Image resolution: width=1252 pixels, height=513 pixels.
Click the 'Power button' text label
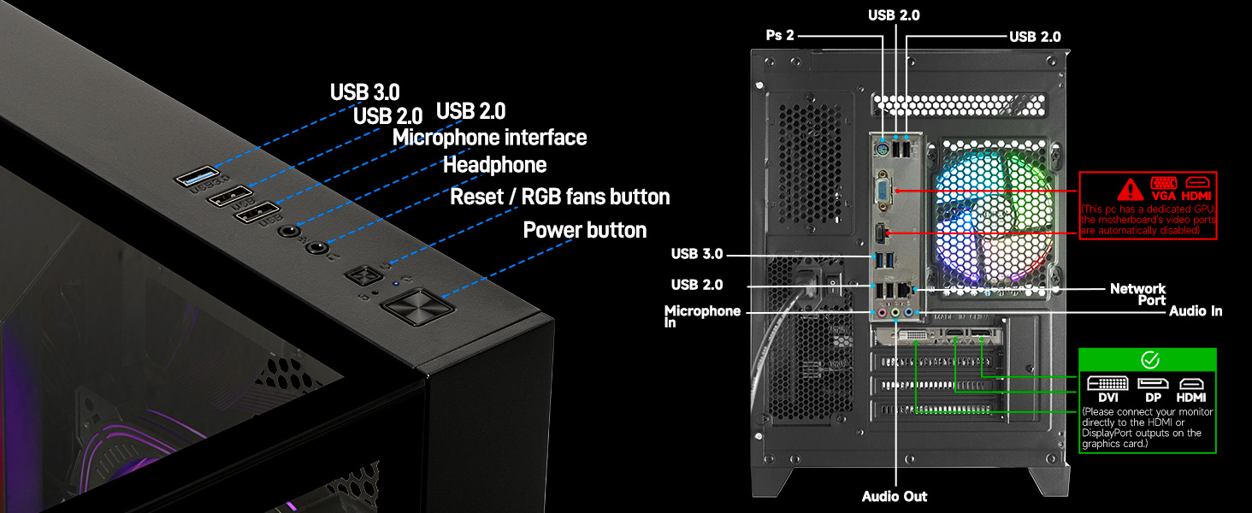coord(584,230)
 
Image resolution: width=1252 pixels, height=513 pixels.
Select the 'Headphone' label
coord(494,164)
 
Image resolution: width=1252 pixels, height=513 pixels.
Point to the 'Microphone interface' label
coord(489,138)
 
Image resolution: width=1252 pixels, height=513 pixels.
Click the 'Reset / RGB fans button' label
coord(559,197)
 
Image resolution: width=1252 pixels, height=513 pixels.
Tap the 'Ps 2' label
coord(779,35)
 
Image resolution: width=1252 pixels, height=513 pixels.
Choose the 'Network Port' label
coord(1137,294)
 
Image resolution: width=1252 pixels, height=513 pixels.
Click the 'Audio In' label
coord(1196,312)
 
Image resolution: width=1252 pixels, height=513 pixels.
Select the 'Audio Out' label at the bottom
coord(895,496)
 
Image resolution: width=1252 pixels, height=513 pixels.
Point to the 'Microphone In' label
coord(702,316)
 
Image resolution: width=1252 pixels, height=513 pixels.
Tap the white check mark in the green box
coord(1149,360)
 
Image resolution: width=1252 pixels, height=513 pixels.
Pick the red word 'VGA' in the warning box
coord(1164,197)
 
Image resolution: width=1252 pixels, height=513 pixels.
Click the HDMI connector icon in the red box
coord(1196,183)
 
